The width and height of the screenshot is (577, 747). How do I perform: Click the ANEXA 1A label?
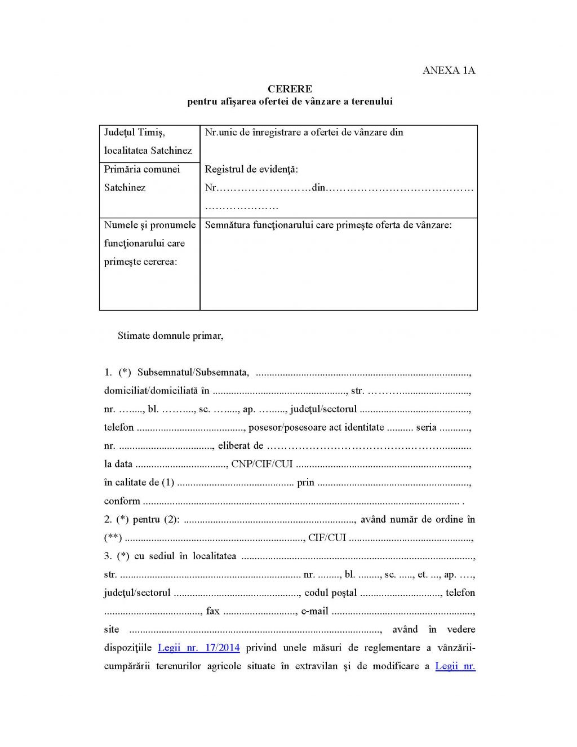[449, 70]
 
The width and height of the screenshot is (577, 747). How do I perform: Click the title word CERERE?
[290, 89]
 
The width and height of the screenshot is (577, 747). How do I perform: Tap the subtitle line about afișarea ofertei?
[290, 101]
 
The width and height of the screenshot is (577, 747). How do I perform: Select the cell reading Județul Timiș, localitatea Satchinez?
[148, 142]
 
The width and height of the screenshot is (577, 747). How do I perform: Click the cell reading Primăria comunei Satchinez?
[142, 178]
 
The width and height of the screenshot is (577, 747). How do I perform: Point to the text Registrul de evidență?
[251, 169]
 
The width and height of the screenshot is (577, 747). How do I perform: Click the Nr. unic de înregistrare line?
[304, 132]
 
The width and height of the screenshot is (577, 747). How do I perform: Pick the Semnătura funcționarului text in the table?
[328, 225]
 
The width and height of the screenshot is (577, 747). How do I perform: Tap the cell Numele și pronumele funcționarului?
[149, 243]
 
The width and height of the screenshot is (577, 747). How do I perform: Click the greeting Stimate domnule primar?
[170, 335]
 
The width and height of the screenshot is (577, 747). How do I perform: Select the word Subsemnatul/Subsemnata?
[193, 372]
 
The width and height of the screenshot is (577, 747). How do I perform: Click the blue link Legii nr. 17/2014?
[198, 648]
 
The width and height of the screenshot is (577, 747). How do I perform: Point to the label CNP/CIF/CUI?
[262, 464]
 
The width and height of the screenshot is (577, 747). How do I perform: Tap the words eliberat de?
[241, 445]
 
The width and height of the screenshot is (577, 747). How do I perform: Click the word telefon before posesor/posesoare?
[119, 427]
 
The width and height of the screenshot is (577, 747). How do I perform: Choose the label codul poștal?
[330, 593]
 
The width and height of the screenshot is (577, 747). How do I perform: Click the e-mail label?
[314, 611]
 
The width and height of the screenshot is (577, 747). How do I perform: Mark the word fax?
[213, 611]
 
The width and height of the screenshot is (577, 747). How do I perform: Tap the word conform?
[122, 501]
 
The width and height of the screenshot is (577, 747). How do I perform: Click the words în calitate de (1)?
[139, 483]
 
